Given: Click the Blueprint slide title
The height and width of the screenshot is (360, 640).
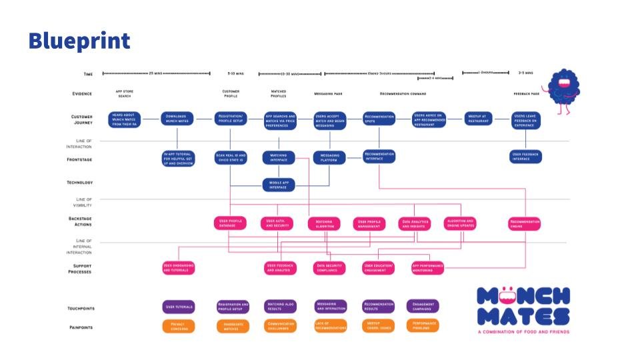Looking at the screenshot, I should (x=79, y=41).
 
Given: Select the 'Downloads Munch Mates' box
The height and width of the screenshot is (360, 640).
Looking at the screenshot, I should (x=178, y=119).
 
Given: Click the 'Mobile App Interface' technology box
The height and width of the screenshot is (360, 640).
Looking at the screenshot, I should (x=279, y=184).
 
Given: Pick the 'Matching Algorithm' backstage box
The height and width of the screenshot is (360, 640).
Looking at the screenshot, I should (x=324, y=224).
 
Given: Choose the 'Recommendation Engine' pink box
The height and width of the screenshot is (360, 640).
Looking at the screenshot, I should (x=525, y=224).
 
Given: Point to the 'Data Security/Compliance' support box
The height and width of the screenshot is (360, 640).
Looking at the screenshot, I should (x=329, y=268).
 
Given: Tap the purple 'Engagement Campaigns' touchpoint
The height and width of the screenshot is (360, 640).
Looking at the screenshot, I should (x=423, y=307).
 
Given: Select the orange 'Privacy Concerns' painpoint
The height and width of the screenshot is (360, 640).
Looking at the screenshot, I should (x=178, y=327).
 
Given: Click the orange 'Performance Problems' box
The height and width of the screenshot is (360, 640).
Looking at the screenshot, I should (x=423, y=327).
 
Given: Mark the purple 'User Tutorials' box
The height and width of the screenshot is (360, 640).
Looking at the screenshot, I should (x=178, y=307).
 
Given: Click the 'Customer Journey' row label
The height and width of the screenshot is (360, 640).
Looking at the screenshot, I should (x=82, y=119).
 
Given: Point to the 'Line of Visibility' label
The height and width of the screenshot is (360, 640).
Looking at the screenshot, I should (x=82, y=201).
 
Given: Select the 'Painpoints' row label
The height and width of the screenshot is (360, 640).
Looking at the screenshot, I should (x=81, y=327).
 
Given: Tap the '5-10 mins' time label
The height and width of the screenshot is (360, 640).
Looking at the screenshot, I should (x=236, y=73).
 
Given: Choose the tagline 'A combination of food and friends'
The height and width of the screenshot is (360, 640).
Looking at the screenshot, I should (x=523, y=331).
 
